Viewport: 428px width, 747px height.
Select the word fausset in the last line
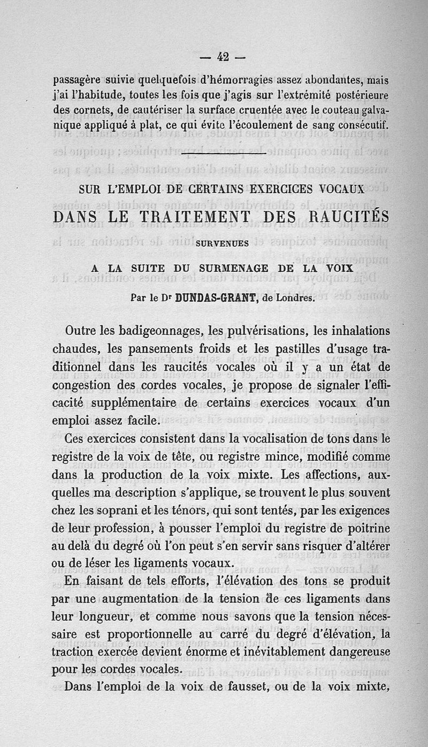pos(264,688)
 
